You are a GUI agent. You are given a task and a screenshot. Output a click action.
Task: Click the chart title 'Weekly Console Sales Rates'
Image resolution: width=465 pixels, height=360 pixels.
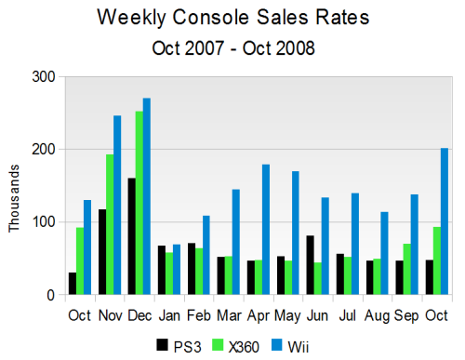click(x=232, y=18)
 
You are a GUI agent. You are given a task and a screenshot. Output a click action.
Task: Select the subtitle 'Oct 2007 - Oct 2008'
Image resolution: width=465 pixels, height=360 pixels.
click(x=232, y=47)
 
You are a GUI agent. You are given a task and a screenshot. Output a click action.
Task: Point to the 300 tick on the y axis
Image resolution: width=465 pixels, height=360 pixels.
click(x=43, y=76)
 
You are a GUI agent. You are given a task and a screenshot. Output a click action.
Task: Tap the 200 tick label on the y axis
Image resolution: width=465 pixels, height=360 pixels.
click(x=43, y=150)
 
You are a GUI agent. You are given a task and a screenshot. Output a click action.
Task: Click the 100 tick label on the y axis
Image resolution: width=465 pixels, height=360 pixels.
click(x=43, y=222)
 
